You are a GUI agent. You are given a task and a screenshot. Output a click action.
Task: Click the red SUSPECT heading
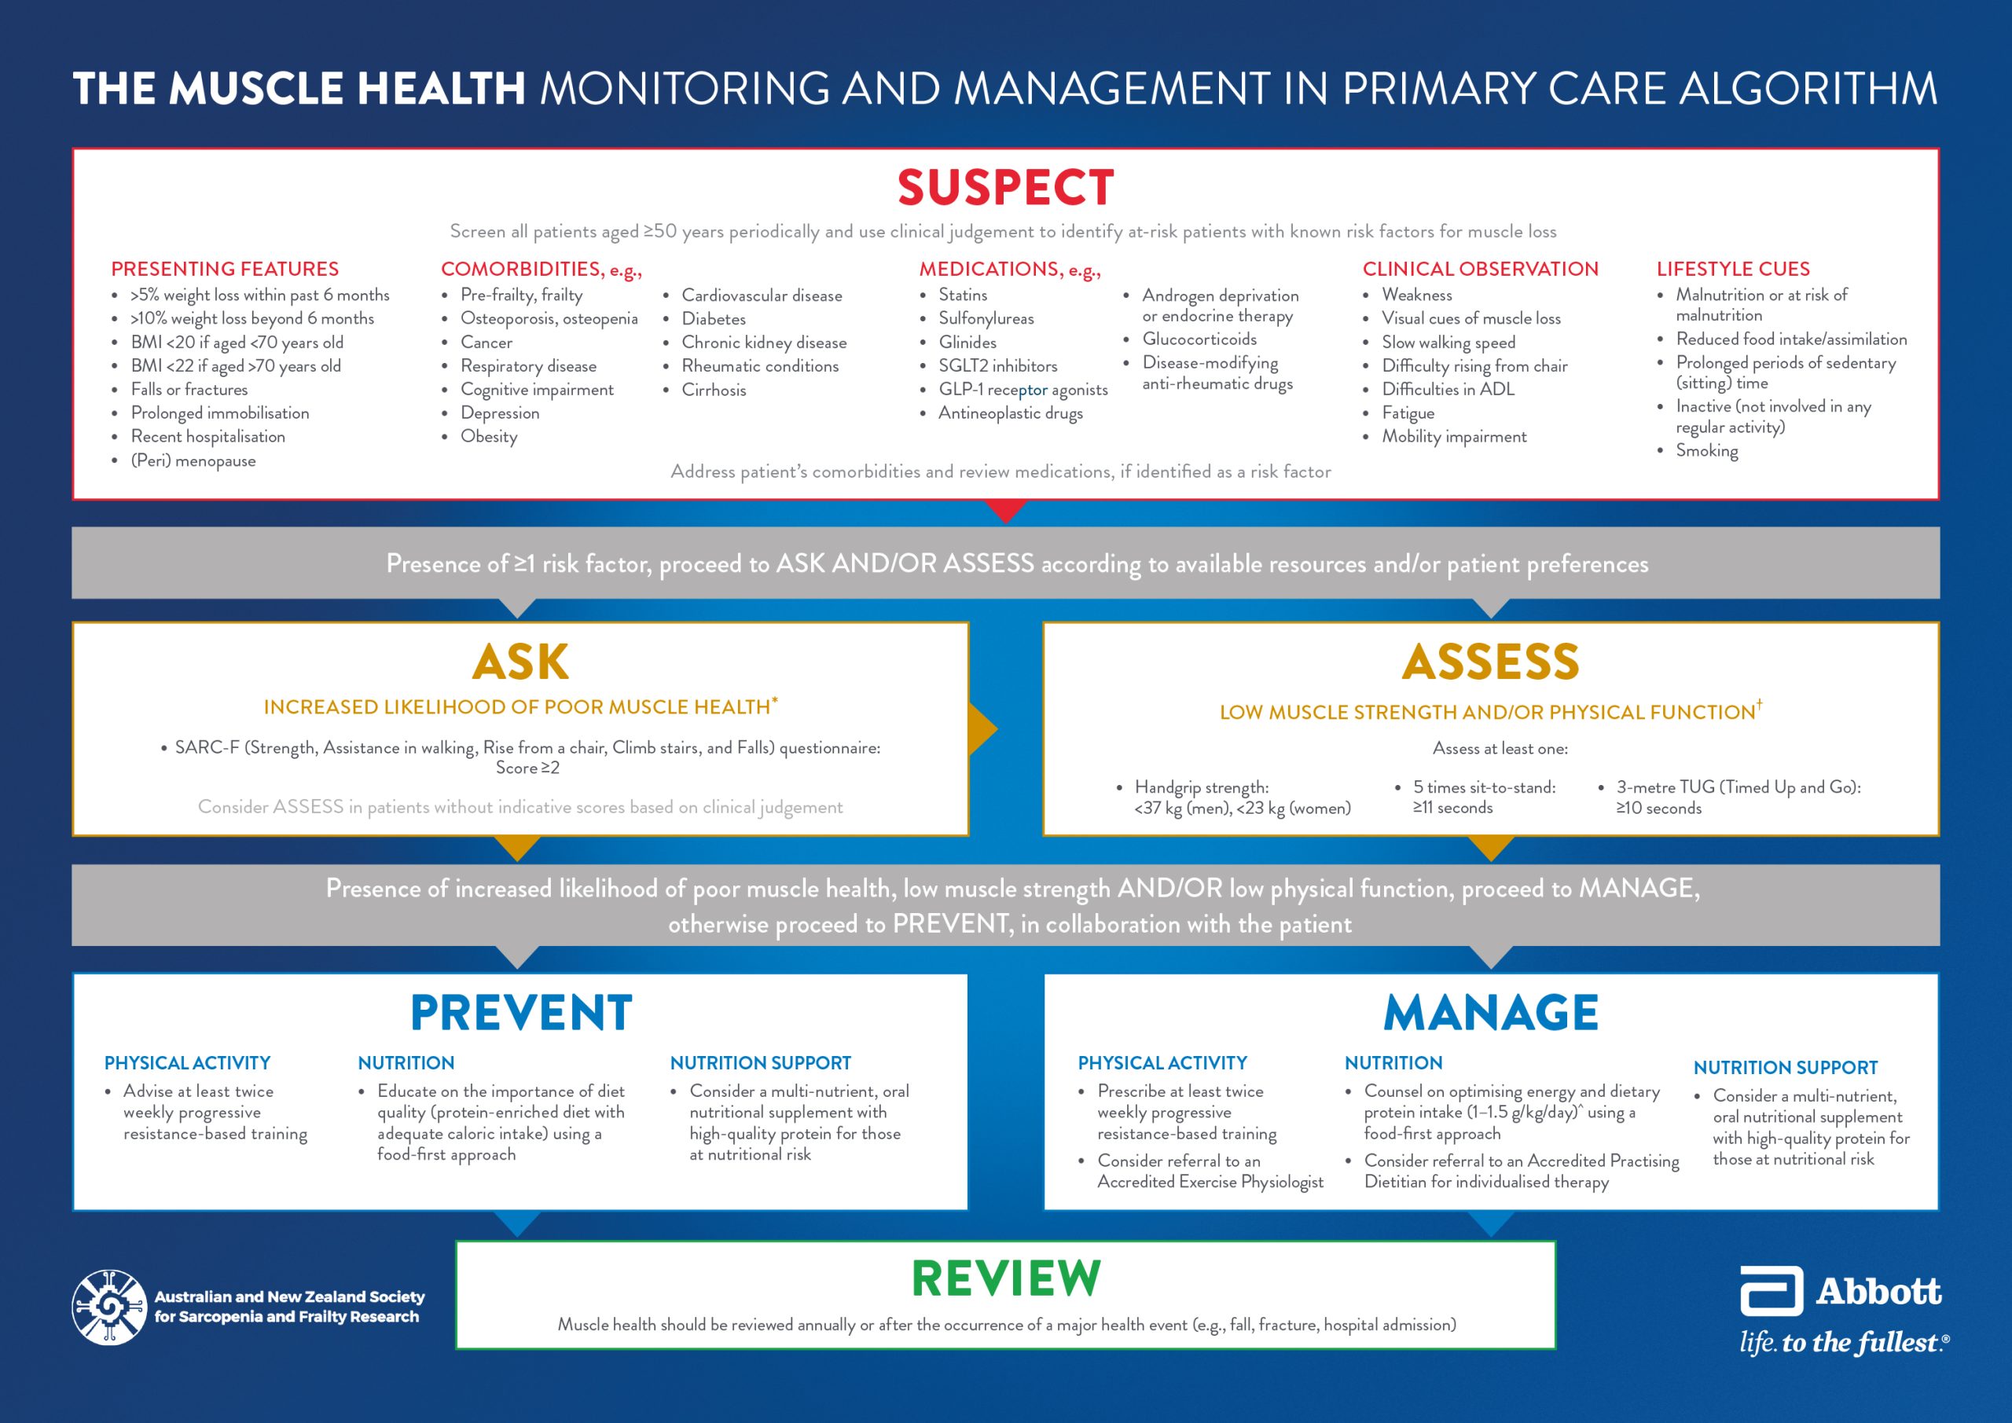[1005, 188]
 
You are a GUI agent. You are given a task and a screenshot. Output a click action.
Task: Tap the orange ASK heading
[520, 662]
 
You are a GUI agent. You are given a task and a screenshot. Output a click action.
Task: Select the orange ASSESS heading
[1491, 662]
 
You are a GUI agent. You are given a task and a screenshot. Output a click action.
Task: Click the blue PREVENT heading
[520, 1013]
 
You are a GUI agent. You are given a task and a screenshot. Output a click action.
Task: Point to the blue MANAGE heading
[1491, 1013]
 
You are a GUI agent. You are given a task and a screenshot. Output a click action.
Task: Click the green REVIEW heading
[1005, 1278]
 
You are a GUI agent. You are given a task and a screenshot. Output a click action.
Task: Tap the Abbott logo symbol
[1771, 1291]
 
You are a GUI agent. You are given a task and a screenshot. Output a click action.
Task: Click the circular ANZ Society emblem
[109, 1307]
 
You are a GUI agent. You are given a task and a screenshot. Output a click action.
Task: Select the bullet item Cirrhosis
[714, 390]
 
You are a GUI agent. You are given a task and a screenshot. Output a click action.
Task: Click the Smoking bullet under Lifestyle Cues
[1706, 450]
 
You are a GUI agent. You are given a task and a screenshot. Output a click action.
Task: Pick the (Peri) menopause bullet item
[193, 461]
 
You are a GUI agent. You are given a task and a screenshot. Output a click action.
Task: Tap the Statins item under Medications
[962, 295]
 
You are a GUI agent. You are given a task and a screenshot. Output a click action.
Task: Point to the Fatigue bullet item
[1408, 413]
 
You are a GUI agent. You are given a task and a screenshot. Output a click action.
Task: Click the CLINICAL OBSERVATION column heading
[1480, 269]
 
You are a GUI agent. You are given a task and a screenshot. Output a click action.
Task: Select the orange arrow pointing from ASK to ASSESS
[982, 729]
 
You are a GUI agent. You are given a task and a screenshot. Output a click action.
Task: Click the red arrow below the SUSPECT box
[1005, 510]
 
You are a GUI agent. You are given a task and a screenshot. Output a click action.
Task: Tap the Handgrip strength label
[1201, 787]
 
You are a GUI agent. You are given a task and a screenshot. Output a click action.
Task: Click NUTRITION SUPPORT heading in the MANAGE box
[1785, 1067]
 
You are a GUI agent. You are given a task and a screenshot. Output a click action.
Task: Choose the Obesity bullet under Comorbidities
[488, 436]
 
